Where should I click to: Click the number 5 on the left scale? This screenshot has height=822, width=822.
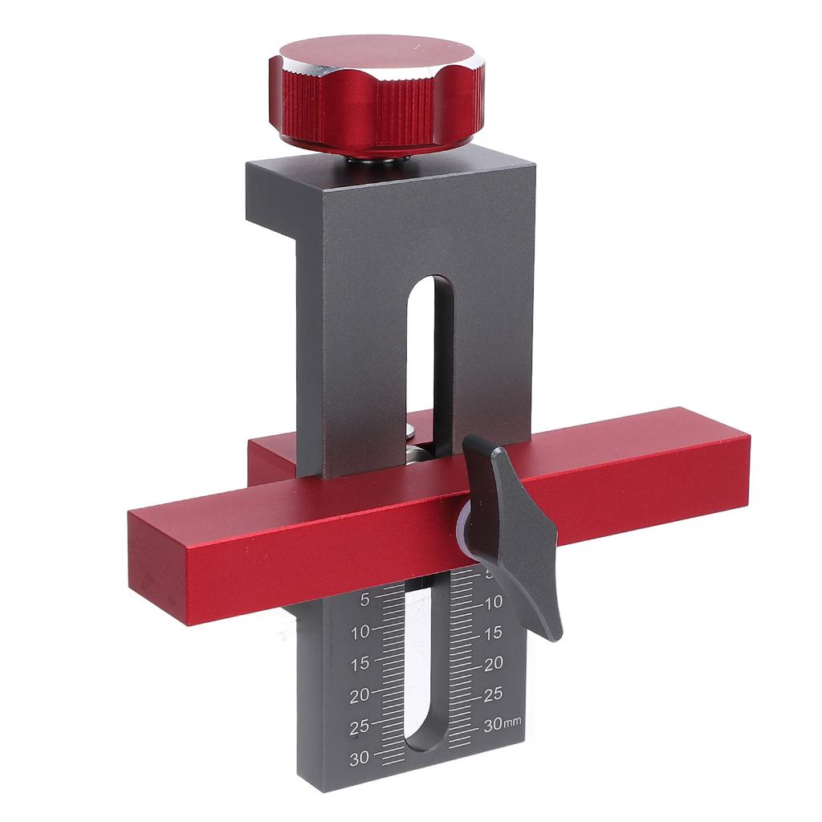[x=365, y=600]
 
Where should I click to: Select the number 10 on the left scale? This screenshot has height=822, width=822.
[x=360, y=633]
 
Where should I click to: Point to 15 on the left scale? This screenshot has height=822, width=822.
[x=360, y=664]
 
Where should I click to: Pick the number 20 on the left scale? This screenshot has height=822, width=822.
[x=360, y=696]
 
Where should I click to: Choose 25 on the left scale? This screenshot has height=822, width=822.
[x=360, y=727]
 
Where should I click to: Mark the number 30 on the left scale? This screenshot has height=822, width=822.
[x=360, y=758]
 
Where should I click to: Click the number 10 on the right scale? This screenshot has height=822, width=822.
[x=493, y=602]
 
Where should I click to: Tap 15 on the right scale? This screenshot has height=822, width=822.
[x=493, y=633]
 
